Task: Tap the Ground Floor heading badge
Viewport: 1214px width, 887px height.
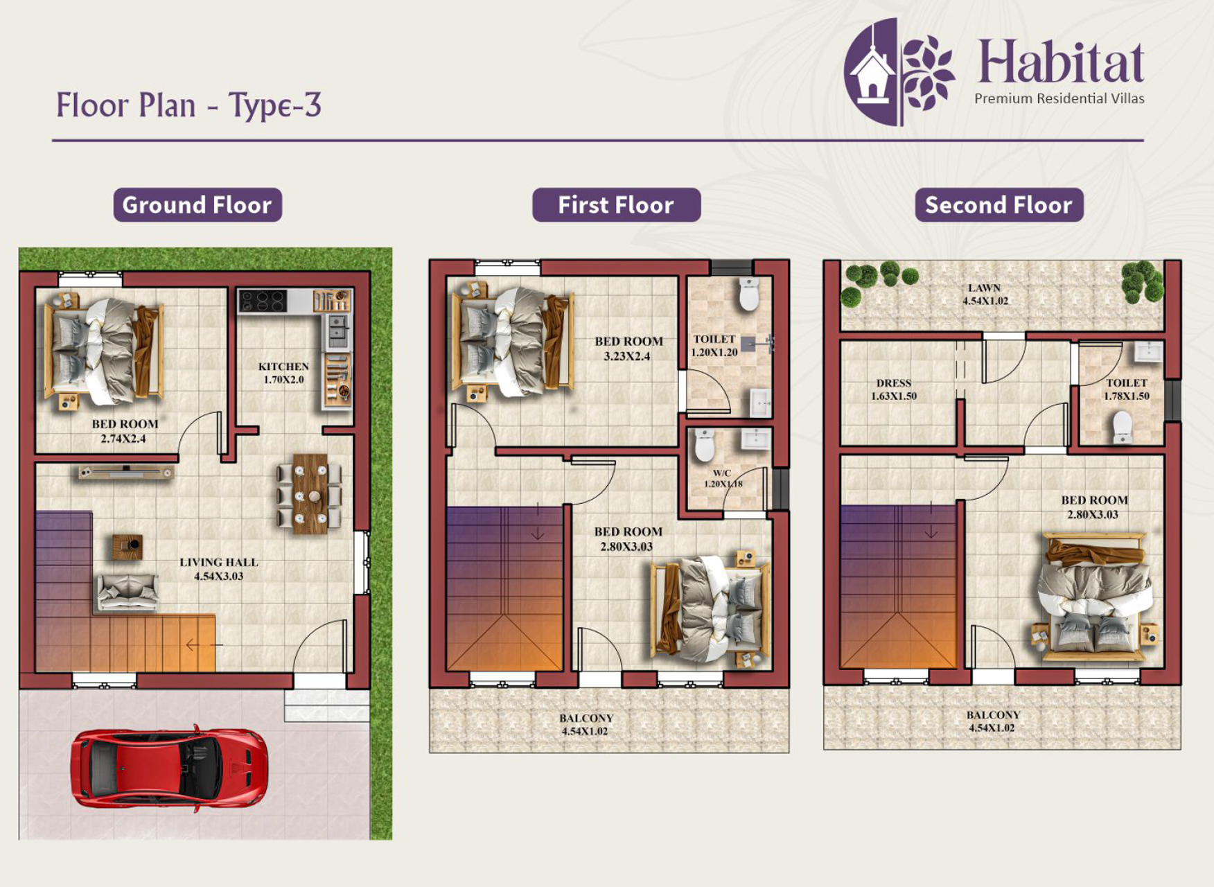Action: pos(197,205)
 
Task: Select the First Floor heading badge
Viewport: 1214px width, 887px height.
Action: pos(616,205)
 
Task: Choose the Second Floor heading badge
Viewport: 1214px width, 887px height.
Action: pos(999,205)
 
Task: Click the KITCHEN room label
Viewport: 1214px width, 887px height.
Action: pos(283,367)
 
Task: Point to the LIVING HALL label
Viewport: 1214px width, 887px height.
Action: pos(219,562)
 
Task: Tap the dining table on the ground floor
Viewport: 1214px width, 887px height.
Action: pos(310,493)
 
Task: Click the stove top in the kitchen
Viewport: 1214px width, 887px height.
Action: pos(263,301)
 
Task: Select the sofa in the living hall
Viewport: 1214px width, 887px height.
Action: pos(127,592)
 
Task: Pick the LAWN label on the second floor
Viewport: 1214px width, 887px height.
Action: pos(985,288)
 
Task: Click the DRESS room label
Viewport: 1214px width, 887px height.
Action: pos(894,383)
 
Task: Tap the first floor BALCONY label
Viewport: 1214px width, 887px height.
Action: pos(586,718)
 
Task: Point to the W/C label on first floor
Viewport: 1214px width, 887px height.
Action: pos(722,473)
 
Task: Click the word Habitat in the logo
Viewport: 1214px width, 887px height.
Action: pos(1060,61)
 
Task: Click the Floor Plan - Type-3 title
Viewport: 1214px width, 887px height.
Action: pos(188,105)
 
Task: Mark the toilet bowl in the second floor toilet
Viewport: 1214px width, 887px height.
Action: pos(1122,428)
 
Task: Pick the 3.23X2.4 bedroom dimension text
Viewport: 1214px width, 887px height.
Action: pos(627,356)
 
